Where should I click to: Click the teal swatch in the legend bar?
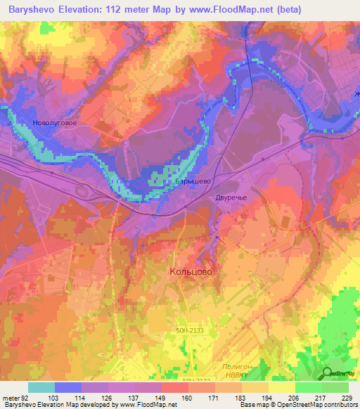click(41, 387)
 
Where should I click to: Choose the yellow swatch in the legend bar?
click(282, 387)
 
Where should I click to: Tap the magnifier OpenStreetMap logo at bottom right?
click(326, 373)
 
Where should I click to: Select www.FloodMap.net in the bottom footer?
click(137, 405)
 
